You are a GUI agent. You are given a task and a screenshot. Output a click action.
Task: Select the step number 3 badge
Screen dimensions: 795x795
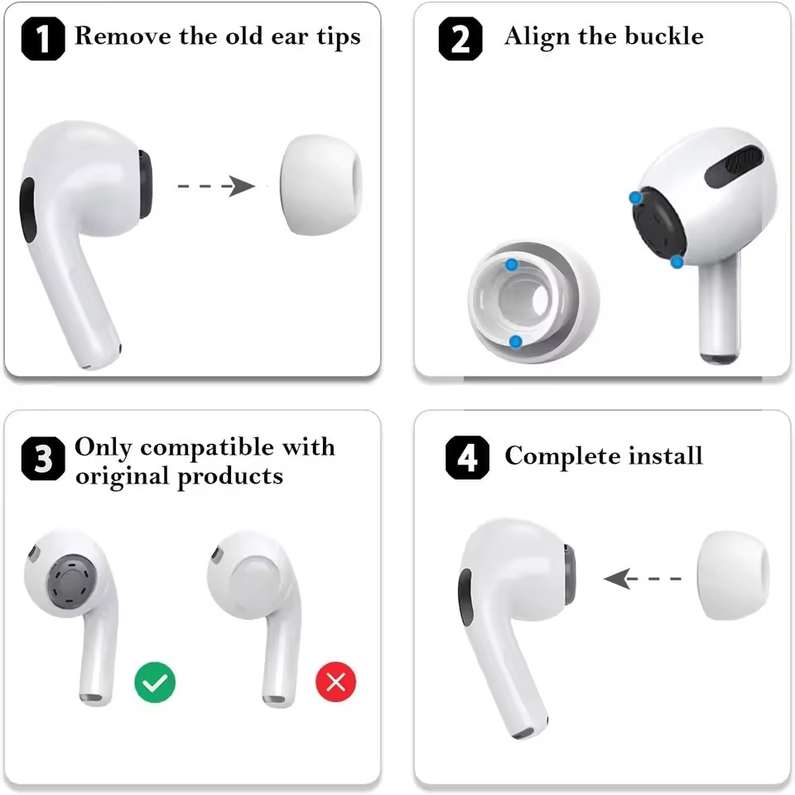(x=43, y=461)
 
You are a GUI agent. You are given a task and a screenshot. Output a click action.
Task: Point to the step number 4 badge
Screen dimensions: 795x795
(x=467, y=458)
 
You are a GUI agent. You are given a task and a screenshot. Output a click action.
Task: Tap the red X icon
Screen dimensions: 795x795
(x=335, y=682)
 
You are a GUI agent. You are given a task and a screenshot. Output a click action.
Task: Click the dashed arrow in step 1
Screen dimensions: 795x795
(x=217, y=185)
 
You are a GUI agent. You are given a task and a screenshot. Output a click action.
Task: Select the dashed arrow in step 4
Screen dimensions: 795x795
(x=643, y=578)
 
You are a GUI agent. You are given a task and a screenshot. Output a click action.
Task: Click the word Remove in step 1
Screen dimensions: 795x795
(x=121, y=36)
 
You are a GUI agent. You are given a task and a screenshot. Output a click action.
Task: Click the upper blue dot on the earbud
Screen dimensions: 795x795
(x=635, y=198)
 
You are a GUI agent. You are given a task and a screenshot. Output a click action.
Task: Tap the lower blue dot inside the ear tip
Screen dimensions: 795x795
(x=515, y=340)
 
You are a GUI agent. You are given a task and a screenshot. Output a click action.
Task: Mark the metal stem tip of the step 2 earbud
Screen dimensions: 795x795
(x=720, y=357)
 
